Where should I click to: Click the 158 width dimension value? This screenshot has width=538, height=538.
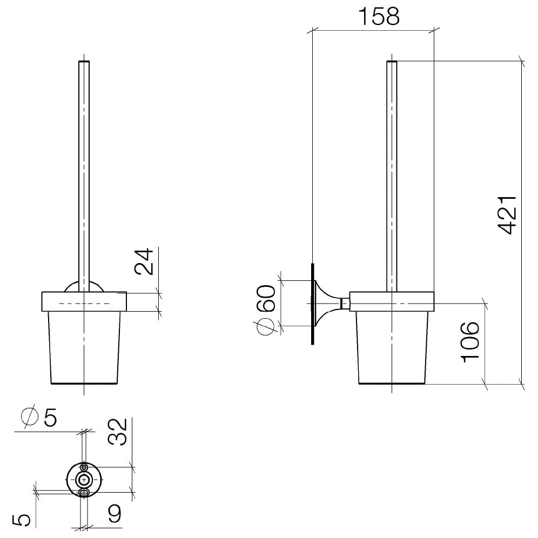point(379,16)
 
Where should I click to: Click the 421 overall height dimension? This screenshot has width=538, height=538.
point(507,215)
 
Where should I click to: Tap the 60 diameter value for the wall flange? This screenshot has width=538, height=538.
point(266,298)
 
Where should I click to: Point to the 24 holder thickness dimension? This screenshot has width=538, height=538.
point(144,261)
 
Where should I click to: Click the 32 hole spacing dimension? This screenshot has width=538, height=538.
point(118,432)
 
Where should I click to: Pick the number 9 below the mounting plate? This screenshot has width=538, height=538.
point(113,513)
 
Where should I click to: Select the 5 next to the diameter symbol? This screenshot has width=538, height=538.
point(50,418)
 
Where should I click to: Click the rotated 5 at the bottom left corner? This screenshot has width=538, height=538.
point(21,520)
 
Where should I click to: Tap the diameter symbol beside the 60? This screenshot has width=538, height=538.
point(266,326)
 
